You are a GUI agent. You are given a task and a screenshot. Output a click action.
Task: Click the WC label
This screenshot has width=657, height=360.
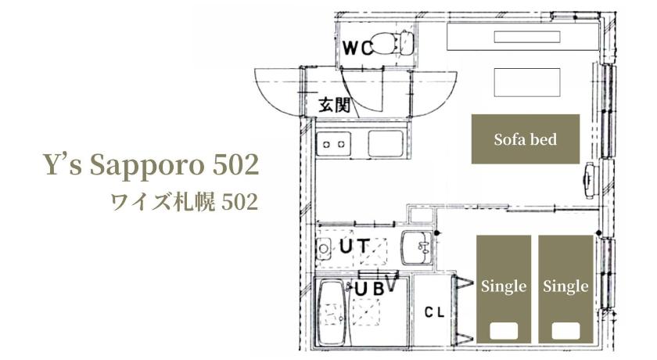[x=357, y=49]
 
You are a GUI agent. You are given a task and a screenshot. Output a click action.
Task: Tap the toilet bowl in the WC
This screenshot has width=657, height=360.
[x=384, y=43]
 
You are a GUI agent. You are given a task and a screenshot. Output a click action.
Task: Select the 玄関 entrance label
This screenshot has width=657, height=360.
[x=334, y=104]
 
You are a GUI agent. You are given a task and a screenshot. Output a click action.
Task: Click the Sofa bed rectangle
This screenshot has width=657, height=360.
[x=526, y=139]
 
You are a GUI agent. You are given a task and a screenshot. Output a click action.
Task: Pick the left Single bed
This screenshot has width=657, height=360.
[x=504, y=289]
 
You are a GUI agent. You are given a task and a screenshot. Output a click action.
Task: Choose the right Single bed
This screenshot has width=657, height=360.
[x=565, y=289]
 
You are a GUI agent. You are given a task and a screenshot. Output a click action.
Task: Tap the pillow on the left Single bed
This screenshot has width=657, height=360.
[x=504, y=330]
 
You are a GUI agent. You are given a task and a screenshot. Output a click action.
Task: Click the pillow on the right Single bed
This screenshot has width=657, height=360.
[x=565, y=330]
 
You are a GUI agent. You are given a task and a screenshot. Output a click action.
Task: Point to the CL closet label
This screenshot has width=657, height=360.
[x=434, y=312]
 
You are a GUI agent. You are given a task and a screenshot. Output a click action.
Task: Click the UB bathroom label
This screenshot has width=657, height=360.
[x=369, y=290]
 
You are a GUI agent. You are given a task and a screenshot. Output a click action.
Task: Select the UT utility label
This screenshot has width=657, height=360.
[x=354, y=247]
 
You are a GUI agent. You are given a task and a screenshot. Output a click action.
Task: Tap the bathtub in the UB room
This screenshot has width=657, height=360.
[x=333, y=312]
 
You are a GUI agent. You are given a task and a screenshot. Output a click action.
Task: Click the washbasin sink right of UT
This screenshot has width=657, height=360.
[x=417, y=247]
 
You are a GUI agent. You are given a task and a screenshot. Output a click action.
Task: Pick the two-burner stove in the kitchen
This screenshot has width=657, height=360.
[x=334, y=144]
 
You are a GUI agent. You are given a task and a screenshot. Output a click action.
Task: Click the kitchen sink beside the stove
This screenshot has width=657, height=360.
[x=386, y=143]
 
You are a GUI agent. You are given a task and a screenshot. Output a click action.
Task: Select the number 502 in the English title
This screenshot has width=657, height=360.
[x=236, y=164]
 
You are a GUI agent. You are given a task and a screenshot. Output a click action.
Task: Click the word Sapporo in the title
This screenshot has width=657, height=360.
[x=149, y=166]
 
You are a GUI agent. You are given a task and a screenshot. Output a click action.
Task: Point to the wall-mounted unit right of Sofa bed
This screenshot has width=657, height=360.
[x=591, y=180]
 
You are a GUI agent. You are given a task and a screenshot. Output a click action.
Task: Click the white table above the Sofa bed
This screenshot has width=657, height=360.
[x=527, y=82]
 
